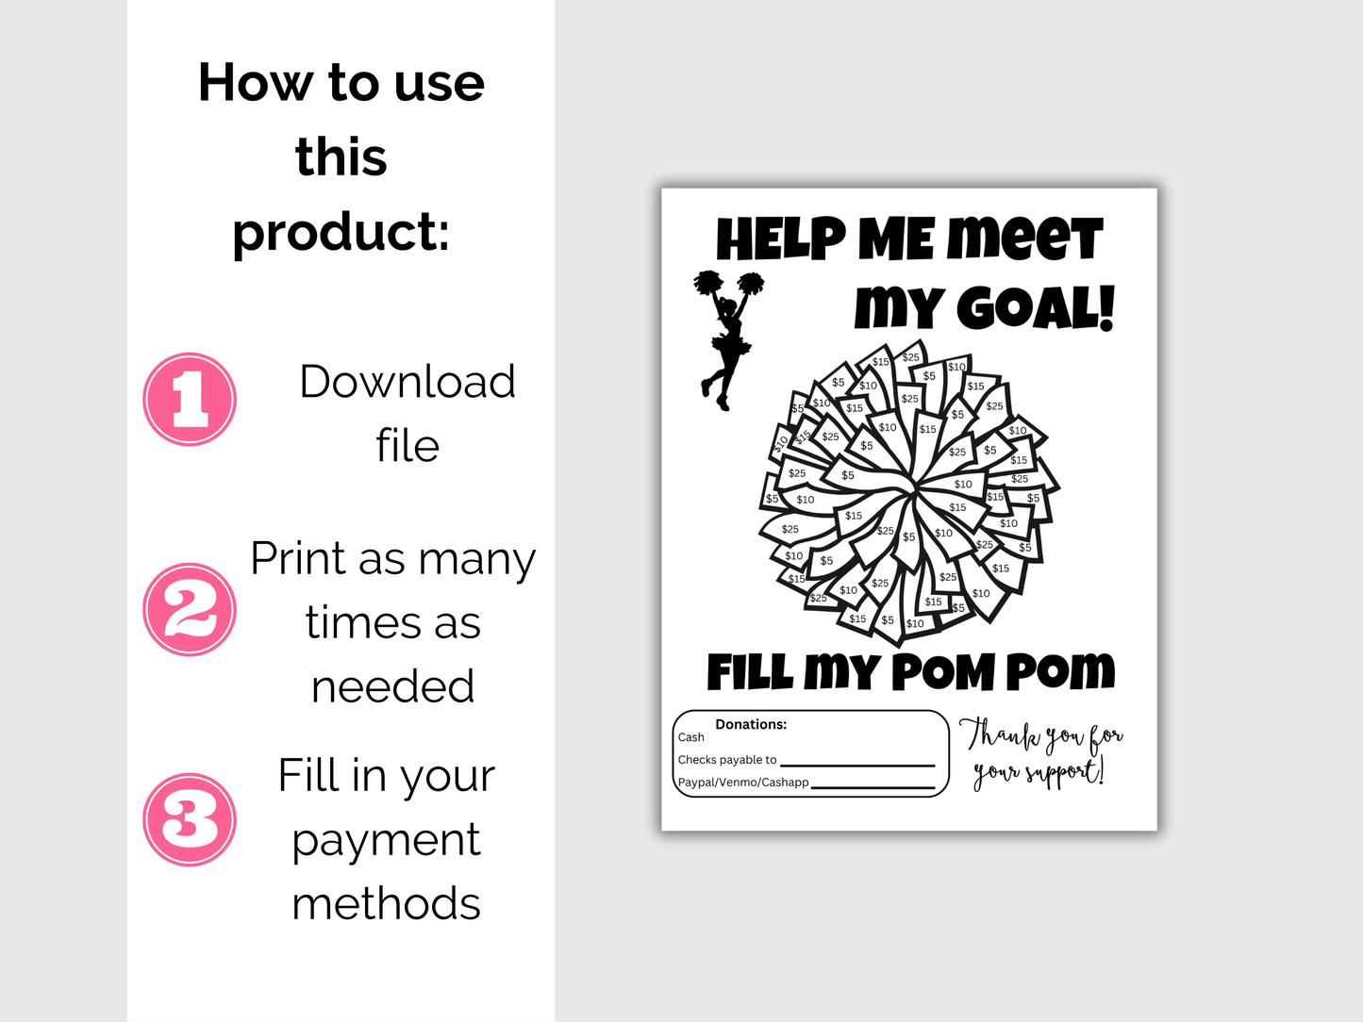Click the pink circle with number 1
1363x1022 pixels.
point(190,400)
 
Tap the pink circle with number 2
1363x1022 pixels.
point(190,610)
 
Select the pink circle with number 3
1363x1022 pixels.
point(190,819)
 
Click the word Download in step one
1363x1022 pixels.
point(407,382)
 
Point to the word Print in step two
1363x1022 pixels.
point(298,558)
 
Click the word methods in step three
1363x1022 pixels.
point(386,903)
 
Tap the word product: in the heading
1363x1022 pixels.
point(341,232)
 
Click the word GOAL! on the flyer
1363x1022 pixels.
point(1035,308)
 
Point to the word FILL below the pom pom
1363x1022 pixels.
point(751,673)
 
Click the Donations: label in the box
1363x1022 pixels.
point(751,724)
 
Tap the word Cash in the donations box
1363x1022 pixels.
point(691,737)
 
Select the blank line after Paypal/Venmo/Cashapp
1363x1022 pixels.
point(873,786)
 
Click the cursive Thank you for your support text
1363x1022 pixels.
point(1039,753)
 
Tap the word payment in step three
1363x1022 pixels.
point(386,839)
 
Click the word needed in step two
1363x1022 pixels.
point(392,686)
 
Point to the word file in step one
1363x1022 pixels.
point(407,445)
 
